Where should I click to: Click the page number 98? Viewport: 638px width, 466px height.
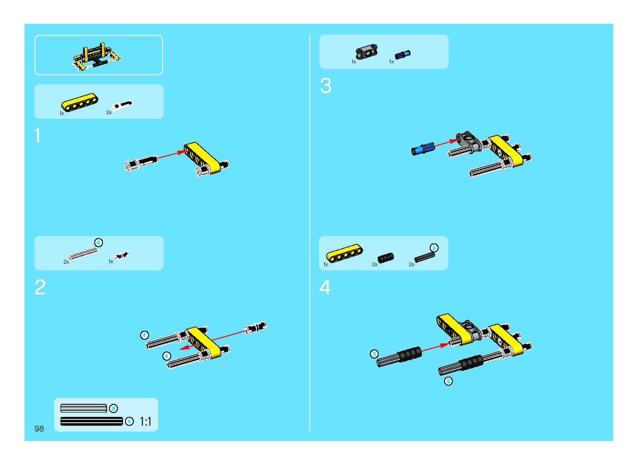coord(39,429)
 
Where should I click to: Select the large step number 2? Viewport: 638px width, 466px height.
coord(40,287)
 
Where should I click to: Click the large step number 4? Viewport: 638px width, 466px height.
coord(325,287)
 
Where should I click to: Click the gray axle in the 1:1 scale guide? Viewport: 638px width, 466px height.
coord(84,408)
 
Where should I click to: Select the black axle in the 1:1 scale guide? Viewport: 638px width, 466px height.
coord(91,421)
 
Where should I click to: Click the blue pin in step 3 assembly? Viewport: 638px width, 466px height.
coord(422,149)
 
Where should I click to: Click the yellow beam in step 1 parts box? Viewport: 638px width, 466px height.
coord(80,102)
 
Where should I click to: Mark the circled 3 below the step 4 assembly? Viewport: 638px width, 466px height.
coord(448,381)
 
